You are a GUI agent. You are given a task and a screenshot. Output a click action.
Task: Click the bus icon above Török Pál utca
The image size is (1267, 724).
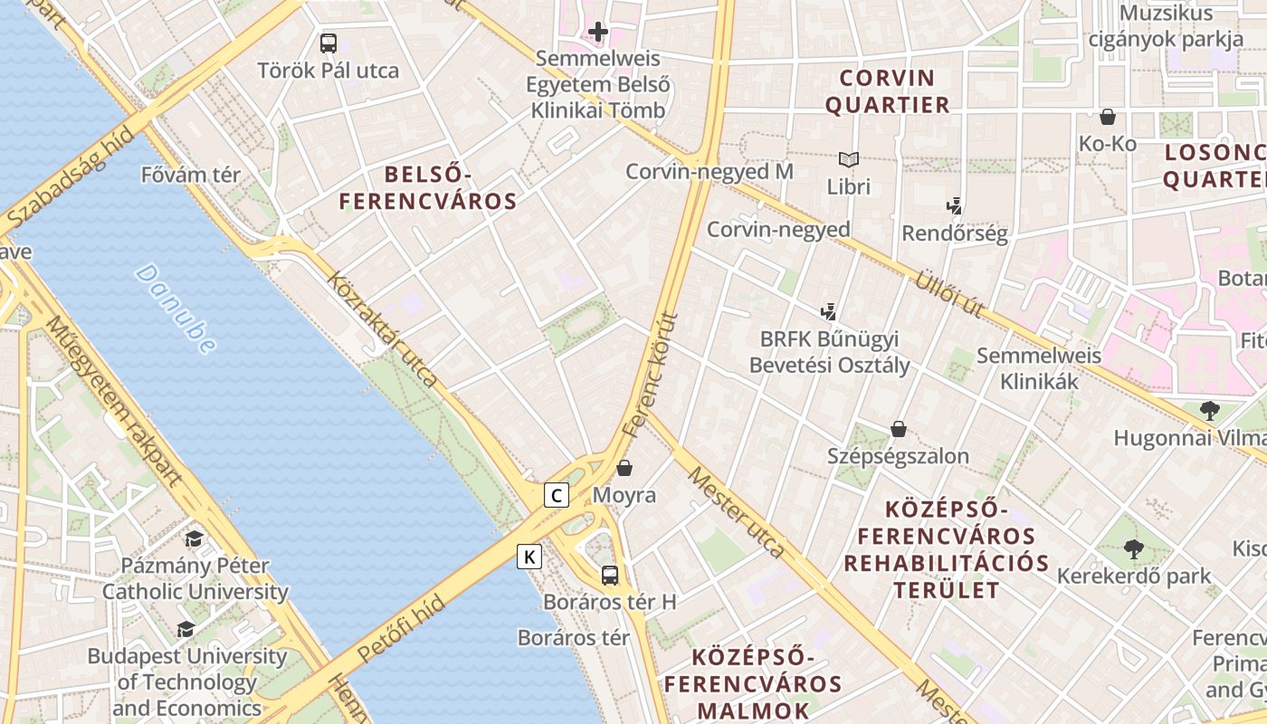(329, 43)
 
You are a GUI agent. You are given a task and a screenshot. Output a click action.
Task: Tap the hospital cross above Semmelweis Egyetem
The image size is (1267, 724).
(597, 33)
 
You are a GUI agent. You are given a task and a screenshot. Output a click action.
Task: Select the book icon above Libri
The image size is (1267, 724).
(848, 160)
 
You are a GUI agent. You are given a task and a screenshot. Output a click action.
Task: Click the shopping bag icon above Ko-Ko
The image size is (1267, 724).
(1107, 117)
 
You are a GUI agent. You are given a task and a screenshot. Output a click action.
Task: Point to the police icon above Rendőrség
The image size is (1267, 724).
(954, 206)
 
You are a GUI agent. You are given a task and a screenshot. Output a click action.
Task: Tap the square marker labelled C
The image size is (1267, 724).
(557, 495)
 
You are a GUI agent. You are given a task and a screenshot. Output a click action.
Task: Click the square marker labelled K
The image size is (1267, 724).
(529, 557)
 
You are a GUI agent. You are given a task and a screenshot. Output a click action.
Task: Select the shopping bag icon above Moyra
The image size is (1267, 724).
(624, 468)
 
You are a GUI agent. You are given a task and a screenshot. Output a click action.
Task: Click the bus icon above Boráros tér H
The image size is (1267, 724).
(610, 575)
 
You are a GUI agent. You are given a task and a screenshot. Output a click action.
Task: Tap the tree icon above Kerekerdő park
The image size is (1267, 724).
(1133, 548)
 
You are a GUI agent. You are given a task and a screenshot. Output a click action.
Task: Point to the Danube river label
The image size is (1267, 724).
(176, 309)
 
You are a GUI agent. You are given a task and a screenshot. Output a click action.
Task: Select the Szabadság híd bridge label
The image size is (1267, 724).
(69, 177)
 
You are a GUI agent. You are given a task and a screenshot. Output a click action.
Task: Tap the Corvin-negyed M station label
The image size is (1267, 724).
(710, 171)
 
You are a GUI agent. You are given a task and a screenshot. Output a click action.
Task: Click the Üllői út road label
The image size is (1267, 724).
(949, 293)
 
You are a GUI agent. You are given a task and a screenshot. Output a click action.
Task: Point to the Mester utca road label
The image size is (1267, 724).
(735, 512)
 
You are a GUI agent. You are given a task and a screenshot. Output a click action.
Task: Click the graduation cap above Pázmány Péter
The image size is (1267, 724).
(194, 539)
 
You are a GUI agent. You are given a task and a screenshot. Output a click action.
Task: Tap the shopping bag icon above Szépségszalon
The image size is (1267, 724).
(899, 429)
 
